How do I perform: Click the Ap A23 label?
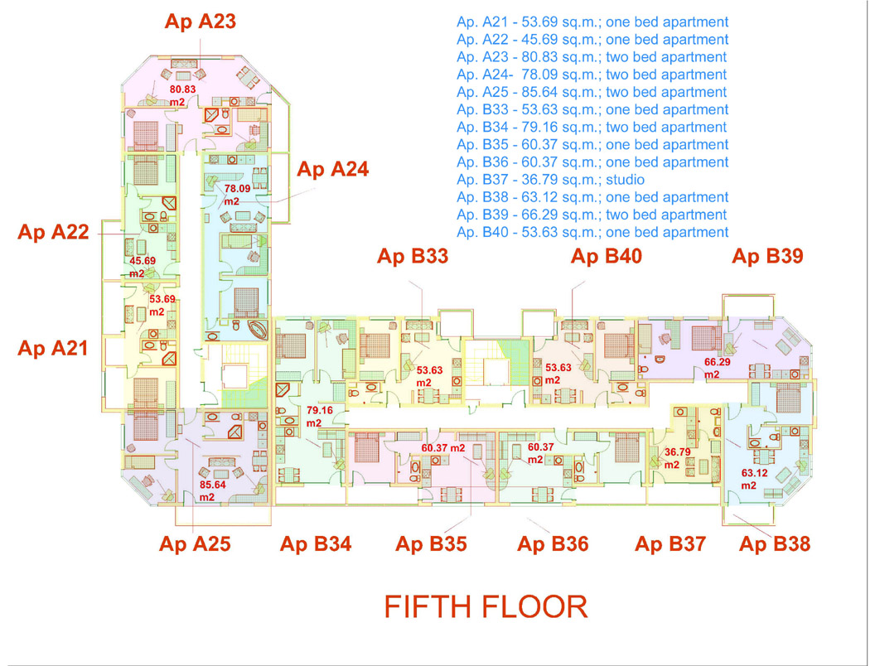pyautogui.click(x=201, y=22)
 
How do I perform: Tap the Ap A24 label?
pyautogui.click(x=332, y=169)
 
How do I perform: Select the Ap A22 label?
pyautogui.click(x=53, y=231)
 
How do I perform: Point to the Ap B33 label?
pyautogui.click(x=413, y=256)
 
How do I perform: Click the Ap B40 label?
pyautogui.click(x=606, y=256)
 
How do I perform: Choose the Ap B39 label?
pyautogui.click(x=767, y=256)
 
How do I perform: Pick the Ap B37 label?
pyautogui.click(x=670, y=544)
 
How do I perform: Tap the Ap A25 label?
pyautogui.click(x=195, y=544)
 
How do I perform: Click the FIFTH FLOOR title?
pyautogui.click(x=486, y=607)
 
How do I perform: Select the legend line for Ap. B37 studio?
pyautogui.click(x=550, y=180)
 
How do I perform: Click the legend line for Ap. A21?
pyautogui.click(x=592, y=22)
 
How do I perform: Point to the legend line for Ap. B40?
pyautogui.click(x=592, y=232)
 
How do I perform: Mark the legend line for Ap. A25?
pyautogui.click(x=592, y=92)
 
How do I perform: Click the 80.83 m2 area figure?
pyautogui.click(x=182, y=95)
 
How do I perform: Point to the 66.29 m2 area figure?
pyautogui.click(x=717, y=368)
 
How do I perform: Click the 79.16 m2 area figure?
pyautogui.click(x=319, y=416)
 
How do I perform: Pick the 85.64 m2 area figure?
pyautogui.click(x=212, y=490)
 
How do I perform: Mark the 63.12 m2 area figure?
pyautogui.click(x=754, y=479)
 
